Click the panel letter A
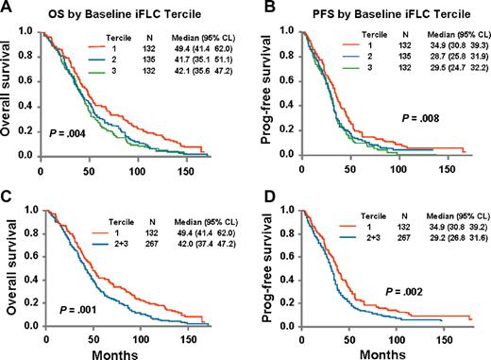(x=8, y=9)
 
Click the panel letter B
(x=259, y=9)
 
